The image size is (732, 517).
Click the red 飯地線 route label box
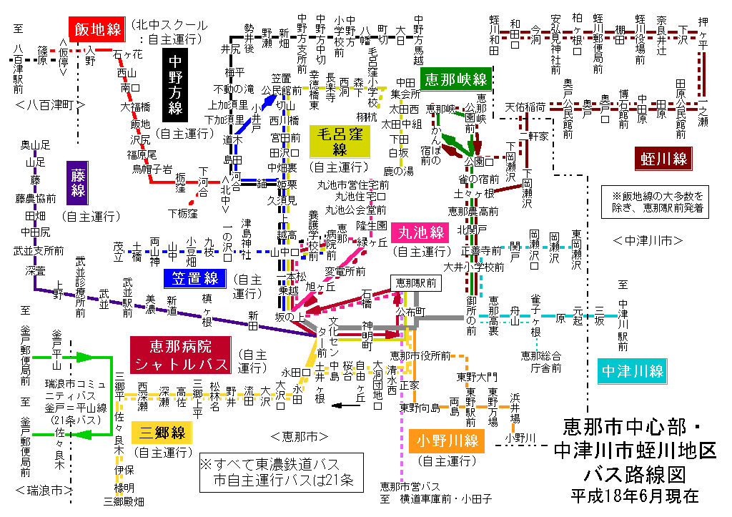click(x=97, y=29)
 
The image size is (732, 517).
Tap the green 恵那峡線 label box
click(x=455, y=78)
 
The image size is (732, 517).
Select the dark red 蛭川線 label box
click(x=664, y=158)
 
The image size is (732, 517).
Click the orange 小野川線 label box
click(x=447, y=440)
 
